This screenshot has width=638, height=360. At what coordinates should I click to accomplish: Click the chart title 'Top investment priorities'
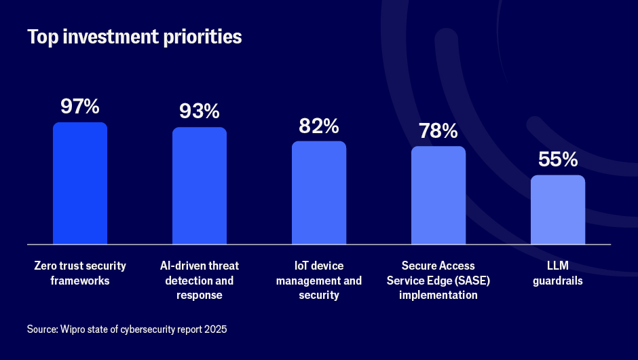point(134,37)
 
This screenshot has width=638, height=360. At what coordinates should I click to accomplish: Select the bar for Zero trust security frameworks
point(80,183)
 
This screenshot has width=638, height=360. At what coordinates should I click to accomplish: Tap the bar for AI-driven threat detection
point(200,185)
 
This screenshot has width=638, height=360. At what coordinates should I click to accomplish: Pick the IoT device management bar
point(319,193)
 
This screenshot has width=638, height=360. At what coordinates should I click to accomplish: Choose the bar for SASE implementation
point(438,195)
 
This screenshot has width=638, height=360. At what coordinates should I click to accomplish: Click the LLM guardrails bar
point(558,210)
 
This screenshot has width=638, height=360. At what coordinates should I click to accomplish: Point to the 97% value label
point(80,107)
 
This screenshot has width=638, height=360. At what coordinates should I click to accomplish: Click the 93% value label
point(200,111)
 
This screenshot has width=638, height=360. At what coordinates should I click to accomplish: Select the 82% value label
point(319,126)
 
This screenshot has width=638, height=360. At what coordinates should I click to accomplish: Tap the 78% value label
point(438,130)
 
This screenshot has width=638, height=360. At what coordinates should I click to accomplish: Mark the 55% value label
point(558,160)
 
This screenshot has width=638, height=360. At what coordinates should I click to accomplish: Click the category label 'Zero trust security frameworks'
point(80,272)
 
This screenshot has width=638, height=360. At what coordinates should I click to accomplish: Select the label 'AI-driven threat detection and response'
point(200,280)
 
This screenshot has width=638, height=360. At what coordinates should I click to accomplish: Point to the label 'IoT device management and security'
point(319,280)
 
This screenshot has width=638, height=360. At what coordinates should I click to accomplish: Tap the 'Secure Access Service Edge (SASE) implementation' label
point(438,280)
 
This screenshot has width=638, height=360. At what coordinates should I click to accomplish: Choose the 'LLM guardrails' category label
point(558,272)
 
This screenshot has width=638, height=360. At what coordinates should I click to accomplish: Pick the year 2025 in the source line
point(216,329)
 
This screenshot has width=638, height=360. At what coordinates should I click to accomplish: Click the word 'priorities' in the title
point(207,37)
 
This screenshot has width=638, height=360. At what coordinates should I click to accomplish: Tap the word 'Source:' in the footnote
point(42,329)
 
